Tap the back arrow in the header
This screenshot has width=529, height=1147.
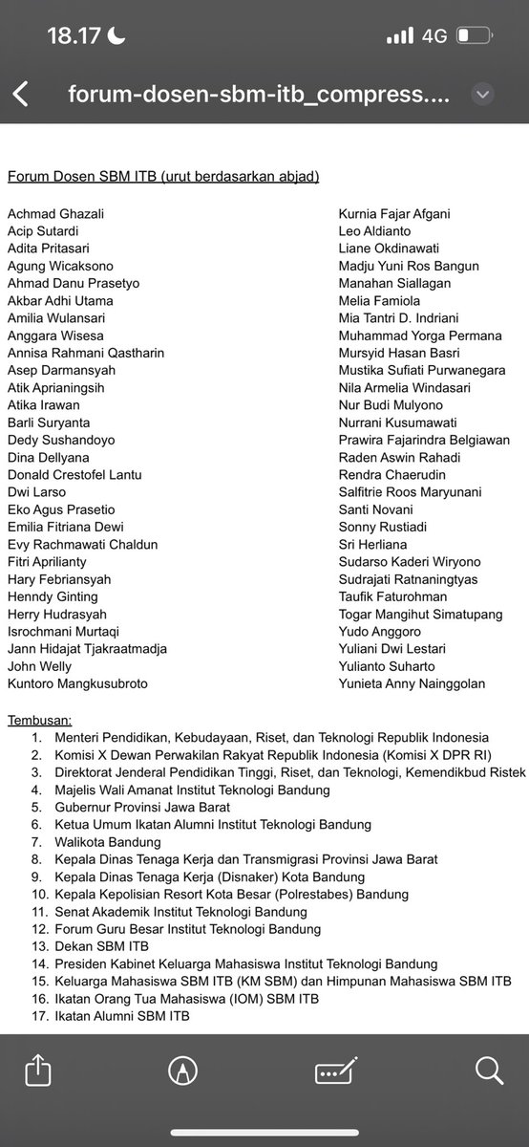(21, 95)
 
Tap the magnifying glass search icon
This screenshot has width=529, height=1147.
(487, 1069)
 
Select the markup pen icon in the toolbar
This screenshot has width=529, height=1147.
(178, 1069)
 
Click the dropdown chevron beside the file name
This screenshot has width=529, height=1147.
(482, 95)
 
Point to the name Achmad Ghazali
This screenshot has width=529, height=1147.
(51, 213)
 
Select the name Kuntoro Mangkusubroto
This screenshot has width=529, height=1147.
(77, 683)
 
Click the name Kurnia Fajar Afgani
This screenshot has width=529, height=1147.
(394, 213)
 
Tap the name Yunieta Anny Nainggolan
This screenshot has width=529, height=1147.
(412, 683)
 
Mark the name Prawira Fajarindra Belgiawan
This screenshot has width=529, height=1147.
(424, 440)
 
